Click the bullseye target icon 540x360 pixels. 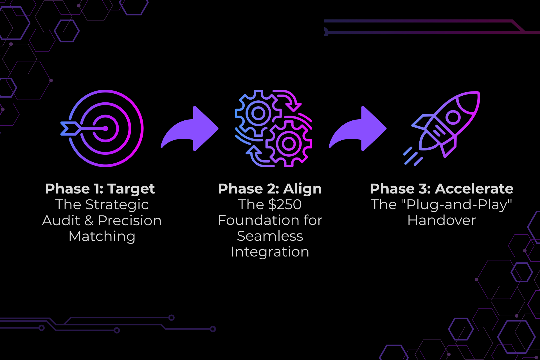tap(105, 129)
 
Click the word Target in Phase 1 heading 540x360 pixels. tap(131, 189)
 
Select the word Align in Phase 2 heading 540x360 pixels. tap(302, 189)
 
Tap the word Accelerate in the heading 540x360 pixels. tap(474, 189)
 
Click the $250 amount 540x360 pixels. tap(285, 204)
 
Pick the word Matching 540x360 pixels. tap(102, 237)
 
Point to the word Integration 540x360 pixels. tap(270, 252)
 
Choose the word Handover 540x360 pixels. tap(442, 220)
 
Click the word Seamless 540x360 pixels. tap(270, 236)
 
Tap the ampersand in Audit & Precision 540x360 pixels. tap(89, 220)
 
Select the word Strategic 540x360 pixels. tap(117, 205)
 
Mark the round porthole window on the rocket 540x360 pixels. tap(453, 117)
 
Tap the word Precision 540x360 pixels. tap(130, 220)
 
